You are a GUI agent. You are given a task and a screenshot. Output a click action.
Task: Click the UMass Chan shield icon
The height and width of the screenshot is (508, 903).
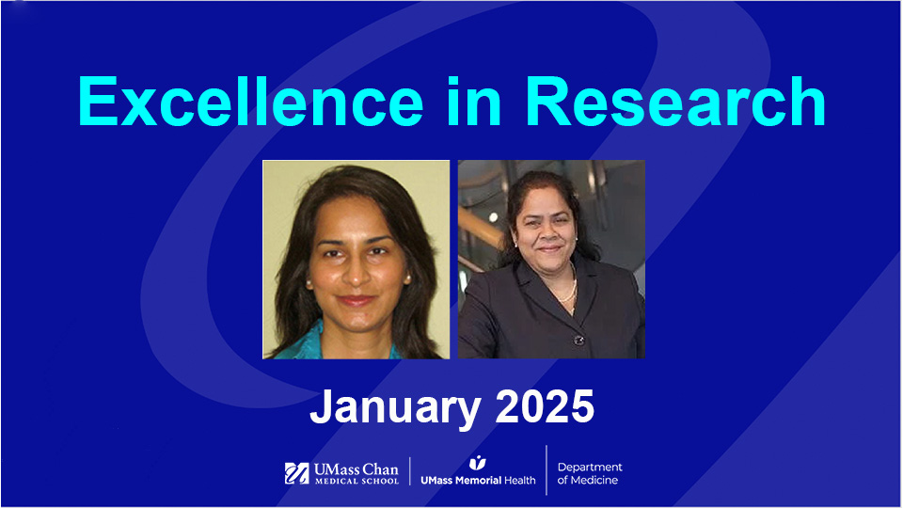point(297,473)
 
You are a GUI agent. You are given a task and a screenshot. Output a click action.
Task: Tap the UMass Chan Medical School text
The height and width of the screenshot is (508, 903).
point(356,473)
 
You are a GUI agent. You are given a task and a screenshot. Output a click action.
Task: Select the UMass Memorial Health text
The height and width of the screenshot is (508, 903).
point(477,480)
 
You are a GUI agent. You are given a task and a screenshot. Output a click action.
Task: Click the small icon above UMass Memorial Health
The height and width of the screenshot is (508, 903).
point(477,462)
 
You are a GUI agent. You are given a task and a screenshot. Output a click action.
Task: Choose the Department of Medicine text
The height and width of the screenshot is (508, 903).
point(590,473)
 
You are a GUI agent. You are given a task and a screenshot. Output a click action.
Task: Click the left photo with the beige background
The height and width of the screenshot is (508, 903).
point(356,259)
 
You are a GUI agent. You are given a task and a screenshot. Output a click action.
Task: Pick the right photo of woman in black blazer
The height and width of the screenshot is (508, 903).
point(551,259)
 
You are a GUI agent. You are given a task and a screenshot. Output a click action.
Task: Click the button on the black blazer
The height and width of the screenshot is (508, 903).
point(578,340)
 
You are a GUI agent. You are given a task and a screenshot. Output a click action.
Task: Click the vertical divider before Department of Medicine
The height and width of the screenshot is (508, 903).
point(547,470)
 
